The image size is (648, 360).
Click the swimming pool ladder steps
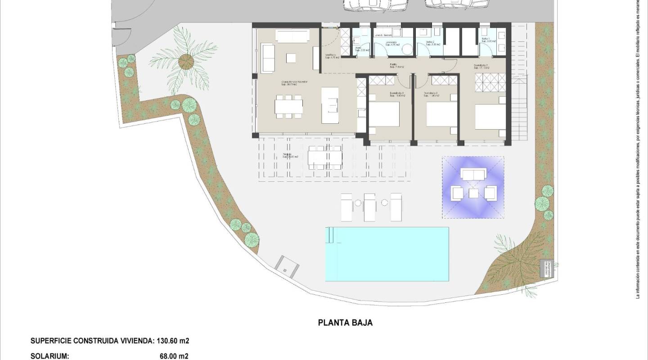tap(331, 235)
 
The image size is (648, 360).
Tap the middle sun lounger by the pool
tap(369, 207)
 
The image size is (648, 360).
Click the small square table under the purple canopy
tap(473, 193)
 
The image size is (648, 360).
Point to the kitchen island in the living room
tap(330, 105)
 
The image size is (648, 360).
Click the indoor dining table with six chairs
tap(289, 106)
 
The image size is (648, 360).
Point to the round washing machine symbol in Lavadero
tap(407, 50)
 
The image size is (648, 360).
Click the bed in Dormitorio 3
tap(384, 114)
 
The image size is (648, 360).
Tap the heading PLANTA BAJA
tap(345, 322)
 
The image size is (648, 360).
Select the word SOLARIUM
tap(49, 356)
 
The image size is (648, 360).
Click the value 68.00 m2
tap(174, 356)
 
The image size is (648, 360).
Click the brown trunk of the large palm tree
tap(185, 60)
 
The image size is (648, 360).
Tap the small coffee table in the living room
tap(291, 58)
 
